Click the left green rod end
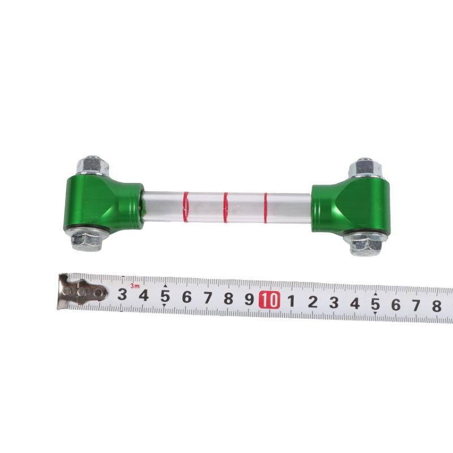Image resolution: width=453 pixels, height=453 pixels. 103,205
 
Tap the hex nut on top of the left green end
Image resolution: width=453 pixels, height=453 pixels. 92,165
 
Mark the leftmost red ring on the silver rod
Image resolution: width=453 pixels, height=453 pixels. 186,207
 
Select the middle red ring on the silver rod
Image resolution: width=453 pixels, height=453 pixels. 225,207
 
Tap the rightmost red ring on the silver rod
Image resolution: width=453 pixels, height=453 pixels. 266,208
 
